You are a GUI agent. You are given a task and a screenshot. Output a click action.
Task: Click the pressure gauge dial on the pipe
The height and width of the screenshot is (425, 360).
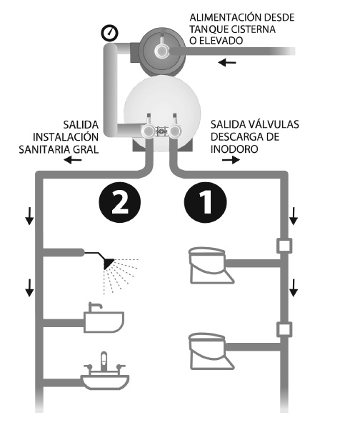click(x=110, y=33)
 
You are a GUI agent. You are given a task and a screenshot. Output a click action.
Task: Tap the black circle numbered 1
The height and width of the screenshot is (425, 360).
click(x=205, y=202)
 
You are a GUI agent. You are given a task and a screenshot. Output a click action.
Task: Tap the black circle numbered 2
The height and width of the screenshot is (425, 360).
click(x=119, y=202)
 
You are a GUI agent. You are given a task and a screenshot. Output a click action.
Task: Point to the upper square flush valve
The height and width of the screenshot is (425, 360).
click(x=284, y=246)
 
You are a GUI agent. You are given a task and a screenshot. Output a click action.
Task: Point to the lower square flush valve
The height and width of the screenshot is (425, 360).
click(x=284, y=329)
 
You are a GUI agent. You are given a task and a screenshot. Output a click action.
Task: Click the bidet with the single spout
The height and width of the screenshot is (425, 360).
click(x=104, y=318)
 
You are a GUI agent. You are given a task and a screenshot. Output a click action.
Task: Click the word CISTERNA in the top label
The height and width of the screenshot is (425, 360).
click(x=252, y=29)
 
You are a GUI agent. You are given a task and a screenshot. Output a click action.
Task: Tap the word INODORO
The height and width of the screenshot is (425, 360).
click(x=234, y=149)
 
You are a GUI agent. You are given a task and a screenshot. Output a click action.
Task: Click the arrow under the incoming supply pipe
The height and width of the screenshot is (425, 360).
click(x=227, y=63)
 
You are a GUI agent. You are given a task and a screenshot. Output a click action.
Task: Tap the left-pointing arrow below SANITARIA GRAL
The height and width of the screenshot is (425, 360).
click(x=73, y=160)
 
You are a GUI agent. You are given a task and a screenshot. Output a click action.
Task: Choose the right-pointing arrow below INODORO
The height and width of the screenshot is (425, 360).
click(x=231, y=160)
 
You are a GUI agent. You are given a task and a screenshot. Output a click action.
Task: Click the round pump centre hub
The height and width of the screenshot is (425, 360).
click(x=162, y=51)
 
